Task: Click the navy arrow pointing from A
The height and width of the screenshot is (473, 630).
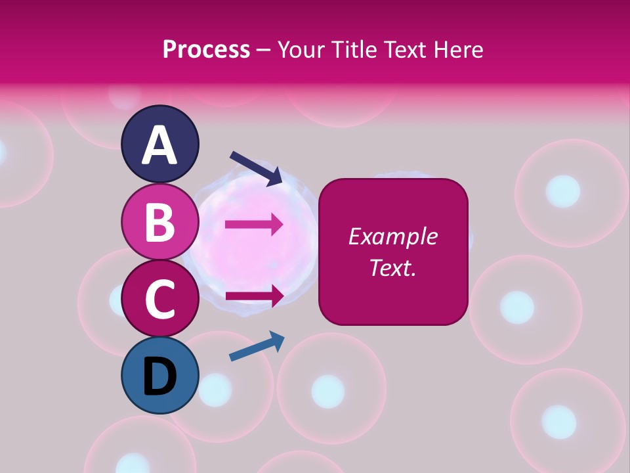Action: point(256,168)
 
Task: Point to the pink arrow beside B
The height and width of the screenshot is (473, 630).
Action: point(254,225)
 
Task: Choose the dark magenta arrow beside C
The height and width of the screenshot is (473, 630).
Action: point(255,296)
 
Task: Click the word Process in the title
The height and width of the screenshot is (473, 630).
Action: point(206,49)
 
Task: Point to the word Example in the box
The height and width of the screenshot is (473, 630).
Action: point(393,236)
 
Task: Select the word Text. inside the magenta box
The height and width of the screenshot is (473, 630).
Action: point(393,267)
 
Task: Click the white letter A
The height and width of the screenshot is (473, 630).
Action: point(160,146)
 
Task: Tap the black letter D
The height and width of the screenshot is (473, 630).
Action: point(160,377)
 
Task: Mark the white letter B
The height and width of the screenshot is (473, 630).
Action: point(160,222)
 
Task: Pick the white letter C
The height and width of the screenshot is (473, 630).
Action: point(160,299)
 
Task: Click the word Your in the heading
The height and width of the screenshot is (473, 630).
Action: point(301,49)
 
